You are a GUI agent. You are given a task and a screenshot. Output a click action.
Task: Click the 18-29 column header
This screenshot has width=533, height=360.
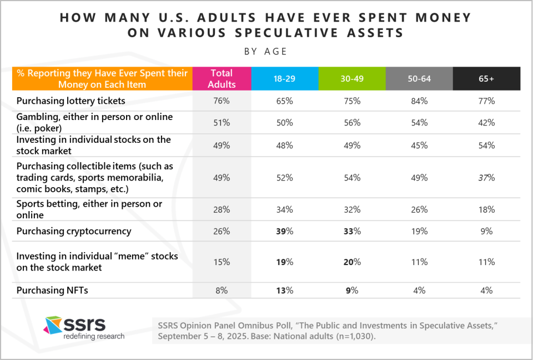(x=285, y=78)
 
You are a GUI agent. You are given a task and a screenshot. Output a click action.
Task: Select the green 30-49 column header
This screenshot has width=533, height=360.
(x=352, y=78)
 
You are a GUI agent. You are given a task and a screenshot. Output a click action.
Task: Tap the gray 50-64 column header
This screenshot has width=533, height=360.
(x=419, y=78)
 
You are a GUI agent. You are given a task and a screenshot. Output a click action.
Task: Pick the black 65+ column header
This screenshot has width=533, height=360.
(x=486, y=78)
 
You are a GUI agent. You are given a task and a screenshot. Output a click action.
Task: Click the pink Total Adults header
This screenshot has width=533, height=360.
(x=222, y=78)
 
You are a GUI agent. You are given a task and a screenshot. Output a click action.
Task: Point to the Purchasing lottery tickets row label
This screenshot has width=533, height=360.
(x=71, y=101)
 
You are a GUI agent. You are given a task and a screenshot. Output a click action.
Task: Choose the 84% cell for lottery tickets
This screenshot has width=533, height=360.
(x=419, y=101)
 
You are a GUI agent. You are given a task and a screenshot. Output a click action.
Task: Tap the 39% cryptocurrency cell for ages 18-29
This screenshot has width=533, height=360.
(x=285, y=231)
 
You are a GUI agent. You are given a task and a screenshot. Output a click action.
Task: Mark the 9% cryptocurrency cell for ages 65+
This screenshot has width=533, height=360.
(x=486, y=231)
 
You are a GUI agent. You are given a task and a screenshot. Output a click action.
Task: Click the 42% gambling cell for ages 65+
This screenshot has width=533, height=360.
(x=486, y=123)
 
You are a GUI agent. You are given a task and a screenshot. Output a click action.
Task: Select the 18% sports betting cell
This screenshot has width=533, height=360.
(x=486, y=209)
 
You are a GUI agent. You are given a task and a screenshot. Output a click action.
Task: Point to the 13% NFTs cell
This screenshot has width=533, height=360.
(x=285, y=290)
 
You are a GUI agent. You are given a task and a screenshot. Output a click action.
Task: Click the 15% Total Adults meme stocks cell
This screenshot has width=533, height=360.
(x=222, y=262)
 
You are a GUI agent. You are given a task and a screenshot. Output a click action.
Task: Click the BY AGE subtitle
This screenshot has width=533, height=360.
(x=266, y=52)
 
